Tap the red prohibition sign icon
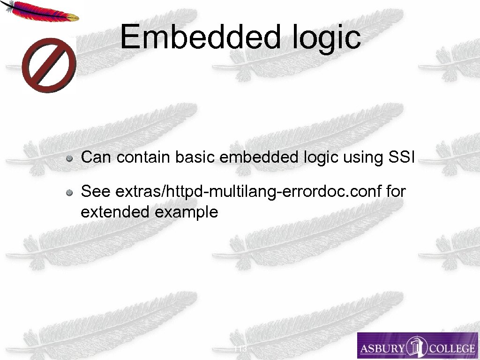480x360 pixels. tap(49, 66)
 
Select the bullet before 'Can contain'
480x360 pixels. tap(69, 158)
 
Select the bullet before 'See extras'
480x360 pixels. tap(69, 192)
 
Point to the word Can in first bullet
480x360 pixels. tap(97, 157)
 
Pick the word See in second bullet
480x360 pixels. tap(96, 191)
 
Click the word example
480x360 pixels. tap(186, 213)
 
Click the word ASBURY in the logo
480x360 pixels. tap(382, 348)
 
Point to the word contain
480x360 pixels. tap(144, 157)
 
